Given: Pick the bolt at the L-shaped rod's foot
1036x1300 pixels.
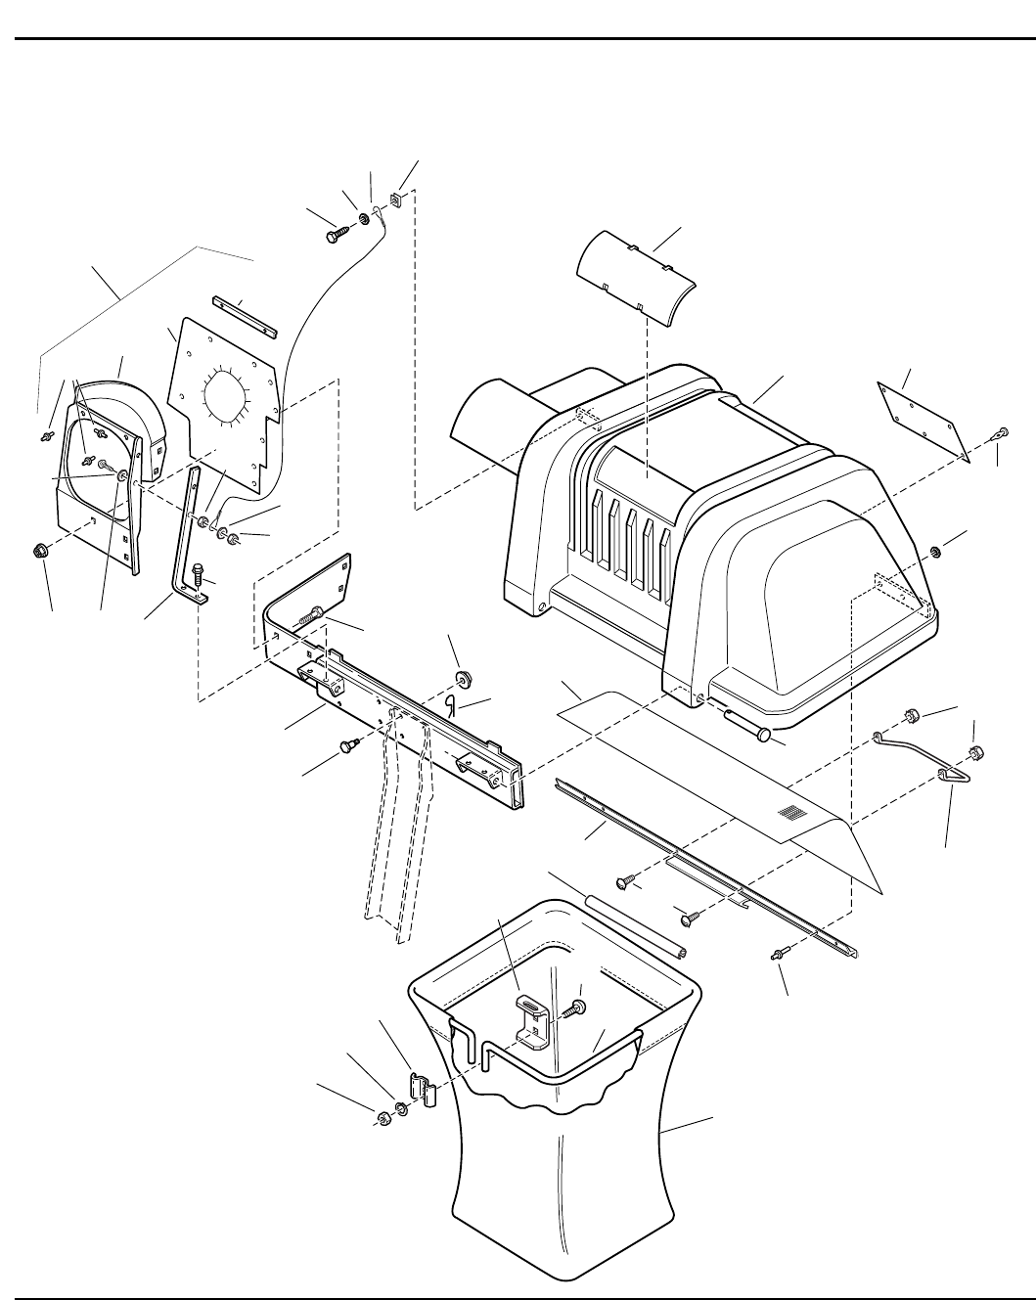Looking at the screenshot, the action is [x=202, y=571].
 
